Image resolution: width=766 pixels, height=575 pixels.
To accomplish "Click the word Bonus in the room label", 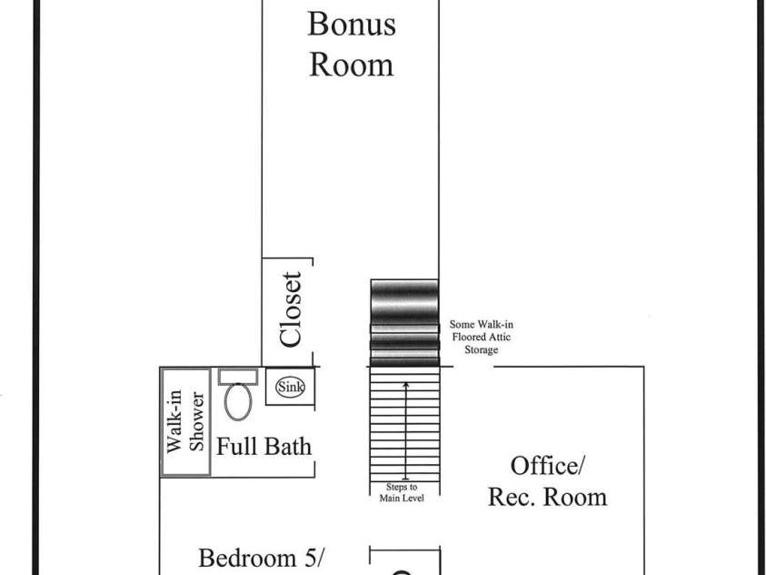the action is (x=352, y=24).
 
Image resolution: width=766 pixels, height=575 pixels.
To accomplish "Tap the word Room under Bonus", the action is (x=352, y=65).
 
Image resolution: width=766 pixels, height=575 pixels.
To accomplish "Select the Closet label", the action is (x=290, y=309).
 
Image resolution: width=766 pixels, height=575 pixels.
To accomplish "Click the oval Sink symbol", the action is (x=290, y=388).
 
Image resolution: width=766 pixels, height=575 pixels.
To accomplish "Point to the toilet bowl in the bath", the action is (x=238, y=401).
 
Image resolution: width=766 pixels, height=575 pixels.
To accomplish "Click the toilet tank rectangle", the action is (x=238, y=377).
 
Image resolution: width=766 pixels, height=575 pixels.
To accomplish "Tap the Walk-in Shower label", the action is (x=185, y=421).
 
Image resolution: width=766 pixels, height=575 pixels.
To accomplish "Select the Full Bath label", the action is (x=264, y=447).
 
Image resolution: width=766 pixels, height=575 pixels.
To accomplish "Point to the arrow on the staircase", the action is (x=405, y=430).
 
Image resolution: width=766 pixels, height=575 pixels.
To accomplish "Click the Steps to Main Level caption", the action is (x=402, y=492).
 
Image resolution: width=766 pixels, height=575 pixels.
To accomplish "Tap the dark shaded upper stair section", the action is (x=404, y=323).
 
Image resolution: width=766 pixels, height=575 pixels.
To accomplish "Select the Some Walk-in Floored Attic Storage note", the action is (x=482, y=337).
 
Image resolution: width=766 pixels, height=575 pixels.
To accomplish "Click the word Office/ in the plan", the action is (x=547, y=466).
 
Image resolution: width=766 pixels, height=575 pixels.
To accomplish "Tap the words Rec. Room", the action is (x=548, y=498).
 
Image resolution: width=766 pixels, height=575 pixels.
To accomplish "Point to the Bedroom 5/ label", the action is (x=262, y=558).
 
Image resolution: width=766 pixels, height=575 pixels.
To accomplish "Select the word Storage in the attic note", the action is (x=482, y=349).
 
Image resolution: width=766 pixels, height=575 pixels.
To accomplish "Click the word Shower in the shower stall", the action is (x=196, y=421).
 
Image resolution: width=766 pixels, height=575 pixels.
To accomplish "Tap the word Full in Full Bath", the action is (x=234, y=447).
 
